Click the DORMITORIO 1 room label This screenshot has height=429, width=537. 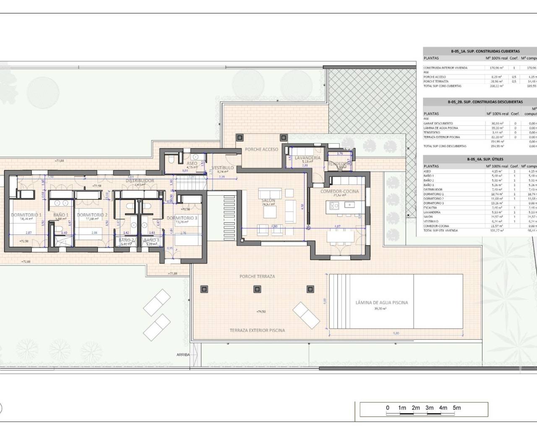click(26, 215)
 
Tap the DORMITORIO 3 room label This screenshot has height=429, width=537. click(182, 218)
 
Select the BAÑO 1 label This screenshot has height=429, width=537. click(61, 215)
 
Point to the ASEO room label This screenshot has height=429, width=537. click(192, 164)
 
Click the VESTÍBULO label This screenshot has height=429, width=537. click(223, 168)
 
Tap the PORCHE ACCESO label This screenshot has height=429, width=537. click(261, 149)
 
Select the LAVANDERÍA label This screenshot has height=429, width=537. click(308, 158)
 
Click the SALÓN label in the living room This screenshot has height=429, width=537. click(268, 201)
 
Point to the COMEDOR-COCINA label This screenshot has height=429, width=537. click(339, 191)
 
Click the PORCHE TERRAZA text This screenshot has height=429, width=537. click(257, 277)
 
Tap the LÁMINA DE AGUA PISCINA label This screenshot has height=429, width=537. click(381, 302)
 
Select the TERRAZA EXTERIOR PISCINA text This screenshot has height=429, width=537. click(257, 330)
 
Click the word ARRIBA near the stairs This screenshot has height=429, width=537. click(183, 354)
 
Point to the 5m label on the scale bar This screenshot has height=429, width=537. click(457, 408)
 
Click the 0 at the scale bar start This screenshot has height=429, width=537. click(388, 408)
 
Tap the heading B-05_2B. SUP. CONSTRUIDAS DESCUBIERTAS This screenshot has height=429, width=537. click(485, 102)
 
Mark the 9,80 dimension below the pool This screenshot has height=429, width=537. click(396, 333)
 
